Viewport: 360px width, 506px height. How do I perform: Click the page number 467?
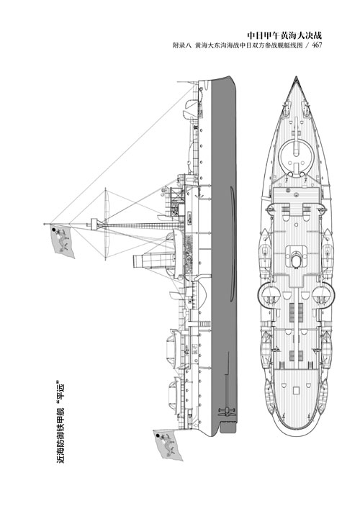[317, 45]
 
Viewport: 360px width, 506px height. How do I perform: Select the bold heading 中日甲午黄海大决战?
[284, 35]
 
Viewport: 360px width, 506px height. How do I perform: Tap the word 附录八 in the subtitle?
[182, 46]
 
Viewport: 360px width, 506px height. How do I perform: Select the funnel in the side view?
[153, 261]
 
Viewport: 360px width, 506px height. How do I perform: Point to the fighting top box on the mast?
[94, 225]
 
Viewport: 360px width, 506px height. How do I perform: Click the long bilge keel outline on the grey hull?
[232, 243]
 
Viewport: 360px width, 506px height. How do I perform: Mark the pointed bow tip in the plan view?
[296, 77]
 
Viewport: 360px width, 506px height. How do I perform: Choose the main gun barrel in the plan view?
[296, 146]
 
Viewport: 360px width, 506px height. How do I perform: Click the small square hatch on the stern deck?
[296, 391]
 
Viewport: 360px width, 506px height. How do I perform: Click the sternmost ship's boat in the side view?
[174, 394]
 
